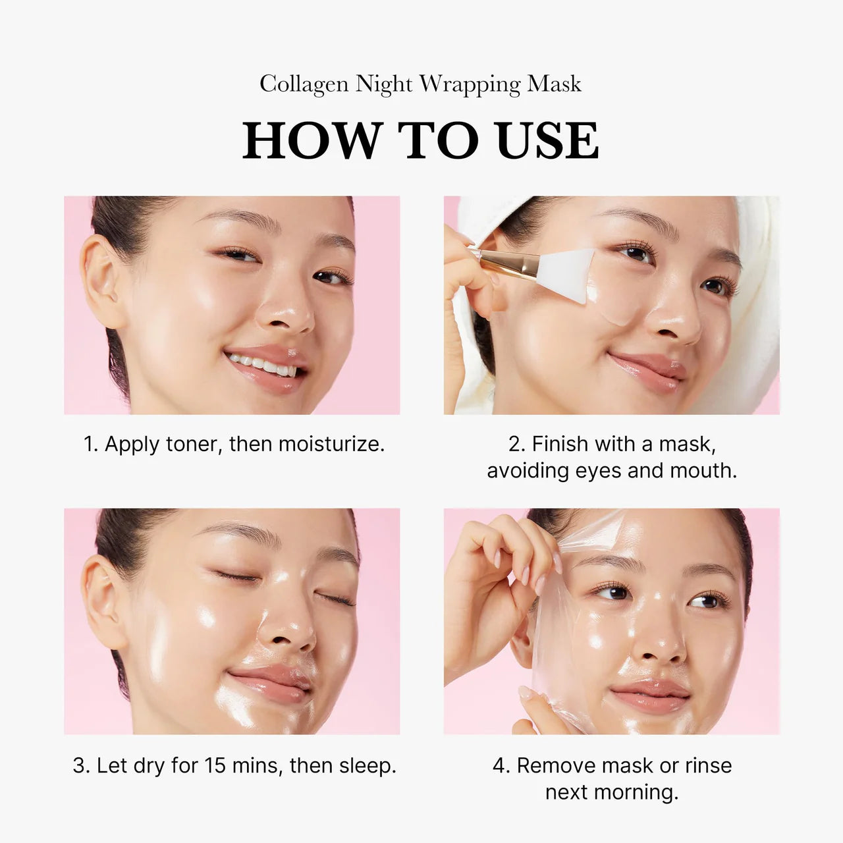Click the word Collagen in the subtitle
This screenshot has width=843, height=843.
(x=304, y=84)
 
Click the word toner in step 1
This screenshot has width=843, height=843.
(x=193, y=445)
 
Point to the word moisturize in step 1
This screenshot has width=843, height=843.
(x=331, y=445)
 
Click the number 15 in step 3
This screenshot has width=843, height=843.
(x=215, y=766)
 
